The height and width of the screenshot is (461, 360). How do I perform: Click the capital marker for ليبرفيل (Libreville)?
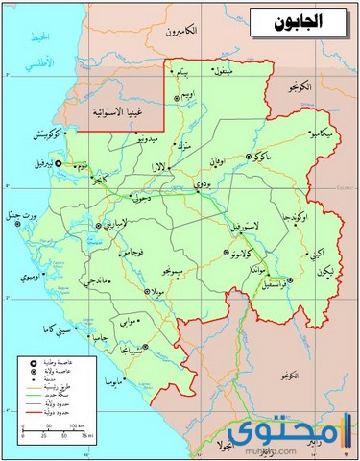pyautogui.click(x=58, y=164)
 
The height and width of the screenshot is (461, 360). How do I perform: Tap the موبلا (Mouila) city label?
pyautogui.click(x=157, y=289)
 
